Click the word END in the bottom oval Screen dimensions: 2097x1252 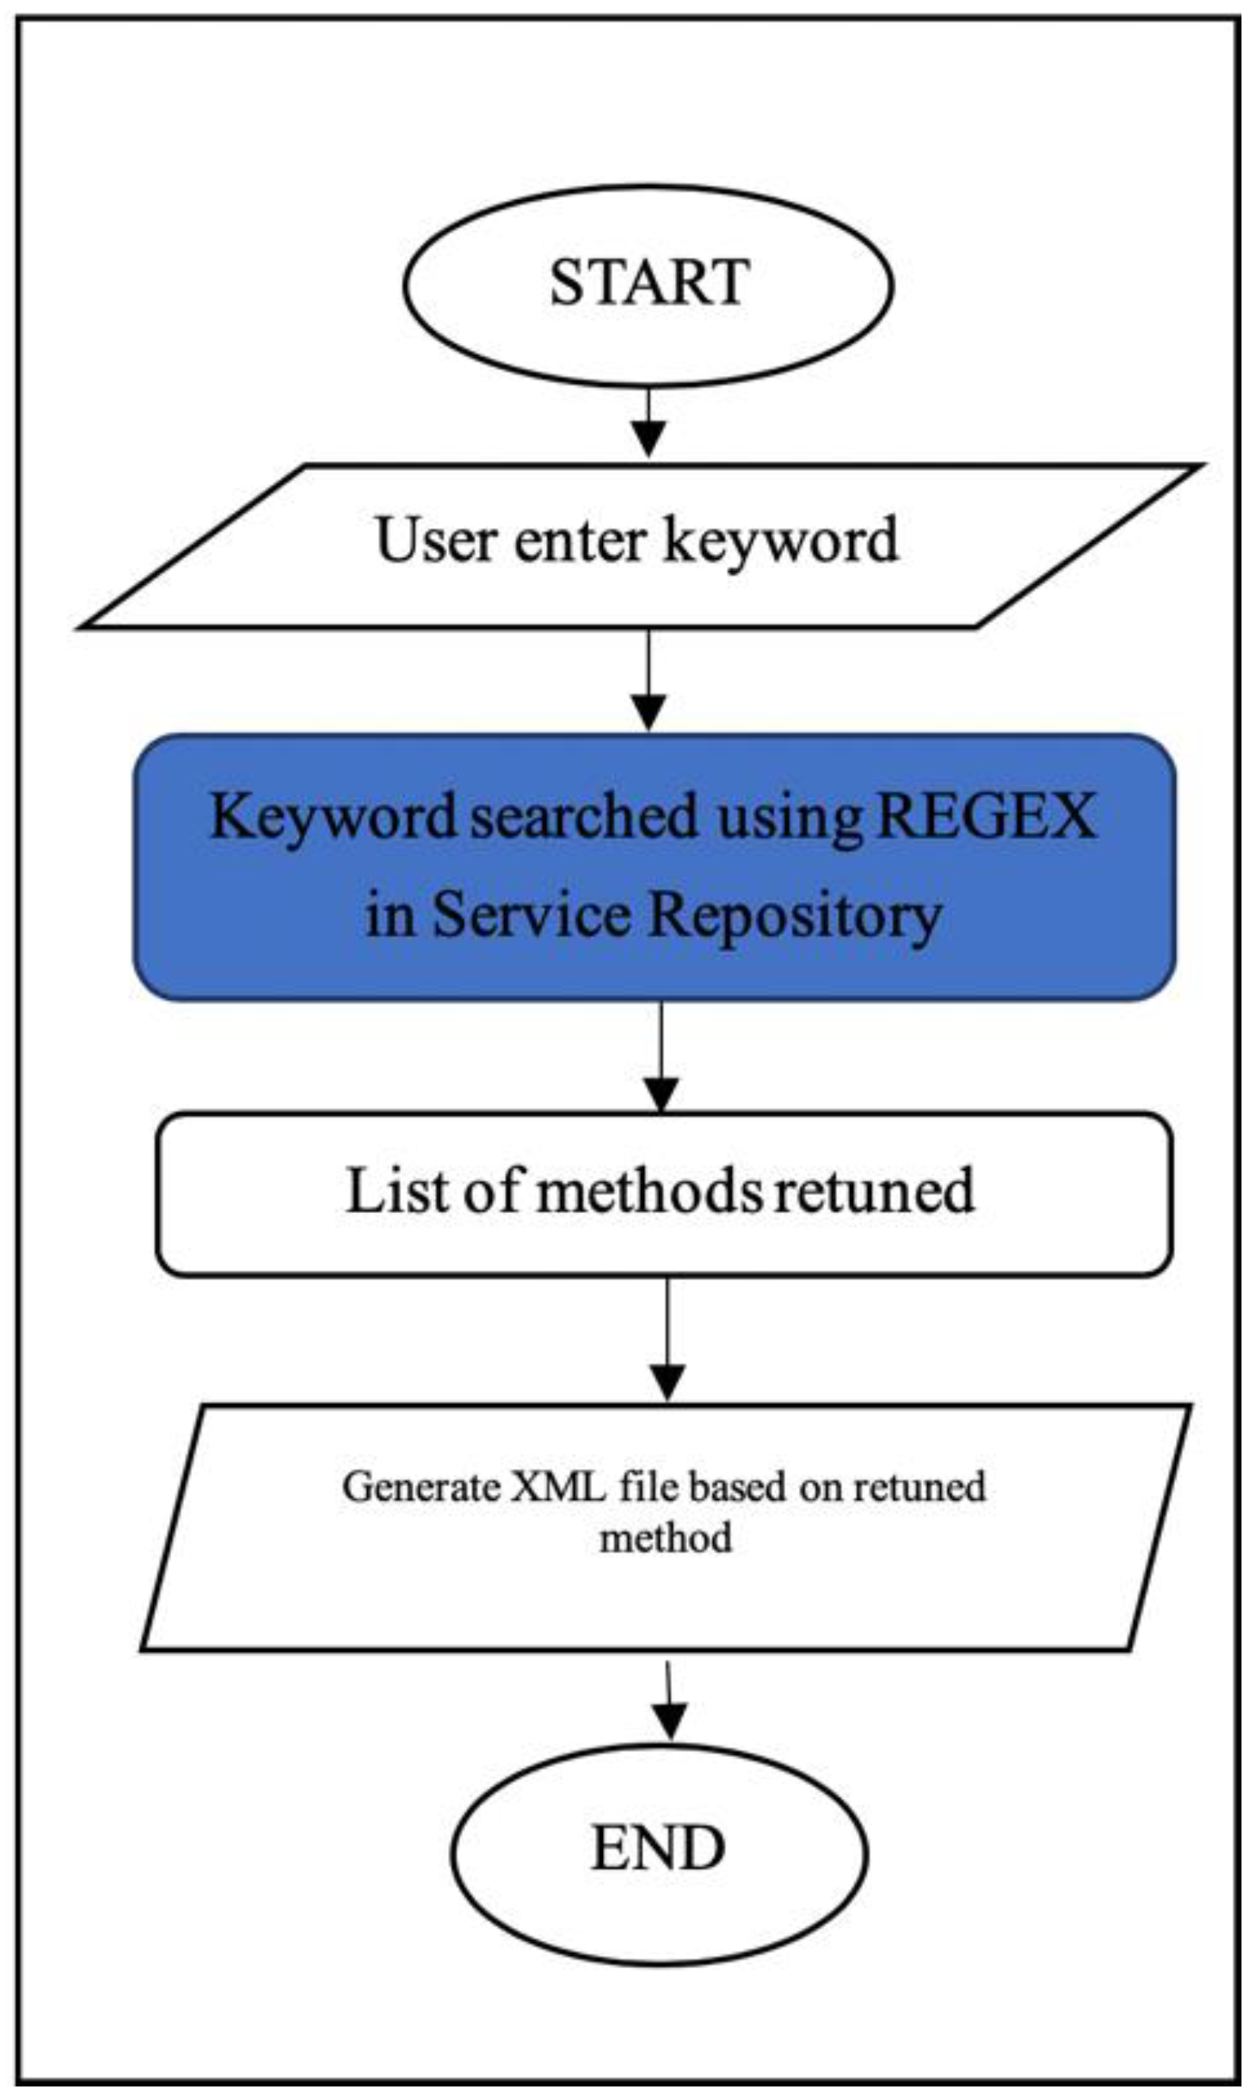pyautogui.click(x=659, y=1848)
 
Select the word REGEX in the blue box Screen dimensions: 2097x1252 pyautogui.click(x=986, y=816)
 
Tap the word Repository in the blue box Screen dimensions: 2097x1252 pyautogui.click(x=794, y=916)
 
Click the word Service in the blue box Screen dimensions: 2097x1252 pyautogui.click(x=532, y=916)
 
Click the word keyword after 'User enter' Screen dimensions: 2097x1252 pyautogui.click(x=781, y=541)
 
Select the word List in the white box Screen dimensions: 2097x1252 pyautogui.click(x=395, y=1190)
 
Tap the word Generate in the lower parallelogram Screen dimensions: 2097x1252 pyautogui.click(x=421, y=1487)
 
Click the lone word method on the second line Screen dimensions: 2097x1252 pyautogui.click(x=664, y=1539)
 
